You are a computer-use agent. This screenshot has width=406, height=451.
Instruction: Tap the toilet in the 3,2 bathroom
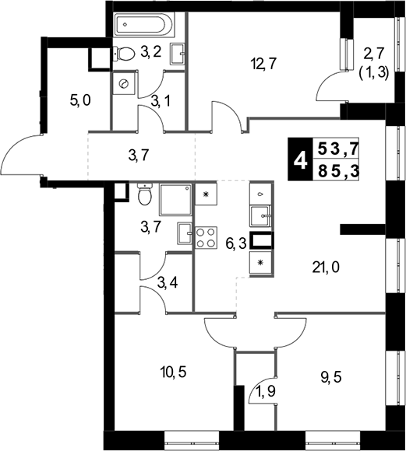[x=124, y=54]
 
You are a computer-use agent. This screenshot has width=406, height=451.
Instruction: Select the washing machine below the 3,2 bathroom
[x=124, y=83]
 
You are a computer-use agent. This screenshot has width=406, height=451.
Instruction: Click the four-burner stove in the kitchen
[x=207, y=238]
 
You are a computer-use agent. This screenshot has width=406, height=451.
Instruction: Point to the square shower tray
[x=175, y=200]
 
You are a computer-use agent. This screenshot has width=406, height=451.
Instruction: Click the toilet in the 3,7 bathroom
[x=145, y=194]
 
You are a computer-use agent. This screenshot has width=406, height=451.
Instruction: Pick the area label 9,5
[x=331, y=377]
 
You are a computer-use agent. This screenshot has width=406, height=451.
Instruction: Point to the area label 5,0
[x=80, y=100]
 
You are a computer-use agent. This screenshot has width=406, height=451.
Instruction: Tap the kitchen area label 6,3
[x=236, y=245]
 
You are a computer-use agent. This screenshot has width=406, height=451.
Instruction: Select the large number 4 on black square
[x=300, y=159]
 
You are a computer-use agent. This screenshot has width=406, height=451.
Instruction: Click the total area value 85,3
[x=338, y=172]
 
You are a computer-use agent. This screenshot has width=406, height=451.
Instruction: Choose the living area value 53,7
[x=338, y=149]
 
